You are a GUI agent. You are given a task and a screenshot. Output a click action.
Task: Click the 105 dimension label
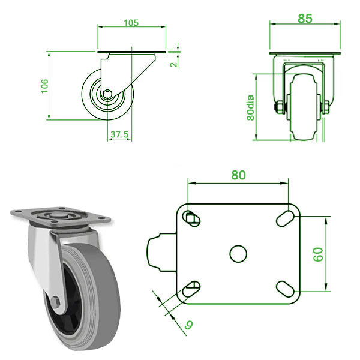131,23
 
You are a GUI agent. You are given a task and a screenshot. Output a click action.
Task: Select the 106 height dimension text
44,86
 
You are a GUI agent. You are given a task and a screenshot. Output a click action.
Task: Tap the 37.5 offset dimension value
120,135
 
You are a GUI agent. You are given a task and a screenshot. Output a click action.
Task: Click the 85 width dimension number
305,18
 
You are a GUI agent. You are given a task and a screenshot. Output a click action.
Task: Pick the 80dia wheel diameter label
251,108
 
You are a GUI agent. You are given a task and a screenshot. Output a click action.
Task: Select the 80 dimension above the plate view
238,176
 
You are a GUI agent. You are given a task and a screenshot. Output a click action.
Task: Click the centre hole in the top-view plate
238,254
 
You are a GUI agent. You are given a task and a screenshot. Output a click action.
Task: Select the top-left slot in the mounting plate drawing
191,218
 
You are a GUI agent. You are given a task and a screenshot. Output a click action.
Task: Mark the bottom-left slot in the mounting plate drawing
191,290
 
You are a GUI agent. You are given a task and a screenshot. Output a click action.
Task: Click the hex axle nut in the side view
107,94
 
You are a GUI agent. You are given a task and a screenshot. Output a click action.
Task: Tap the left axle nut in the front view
278,109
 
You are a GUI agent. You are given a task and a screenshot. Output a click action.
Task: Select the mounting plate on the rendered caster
60,217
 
